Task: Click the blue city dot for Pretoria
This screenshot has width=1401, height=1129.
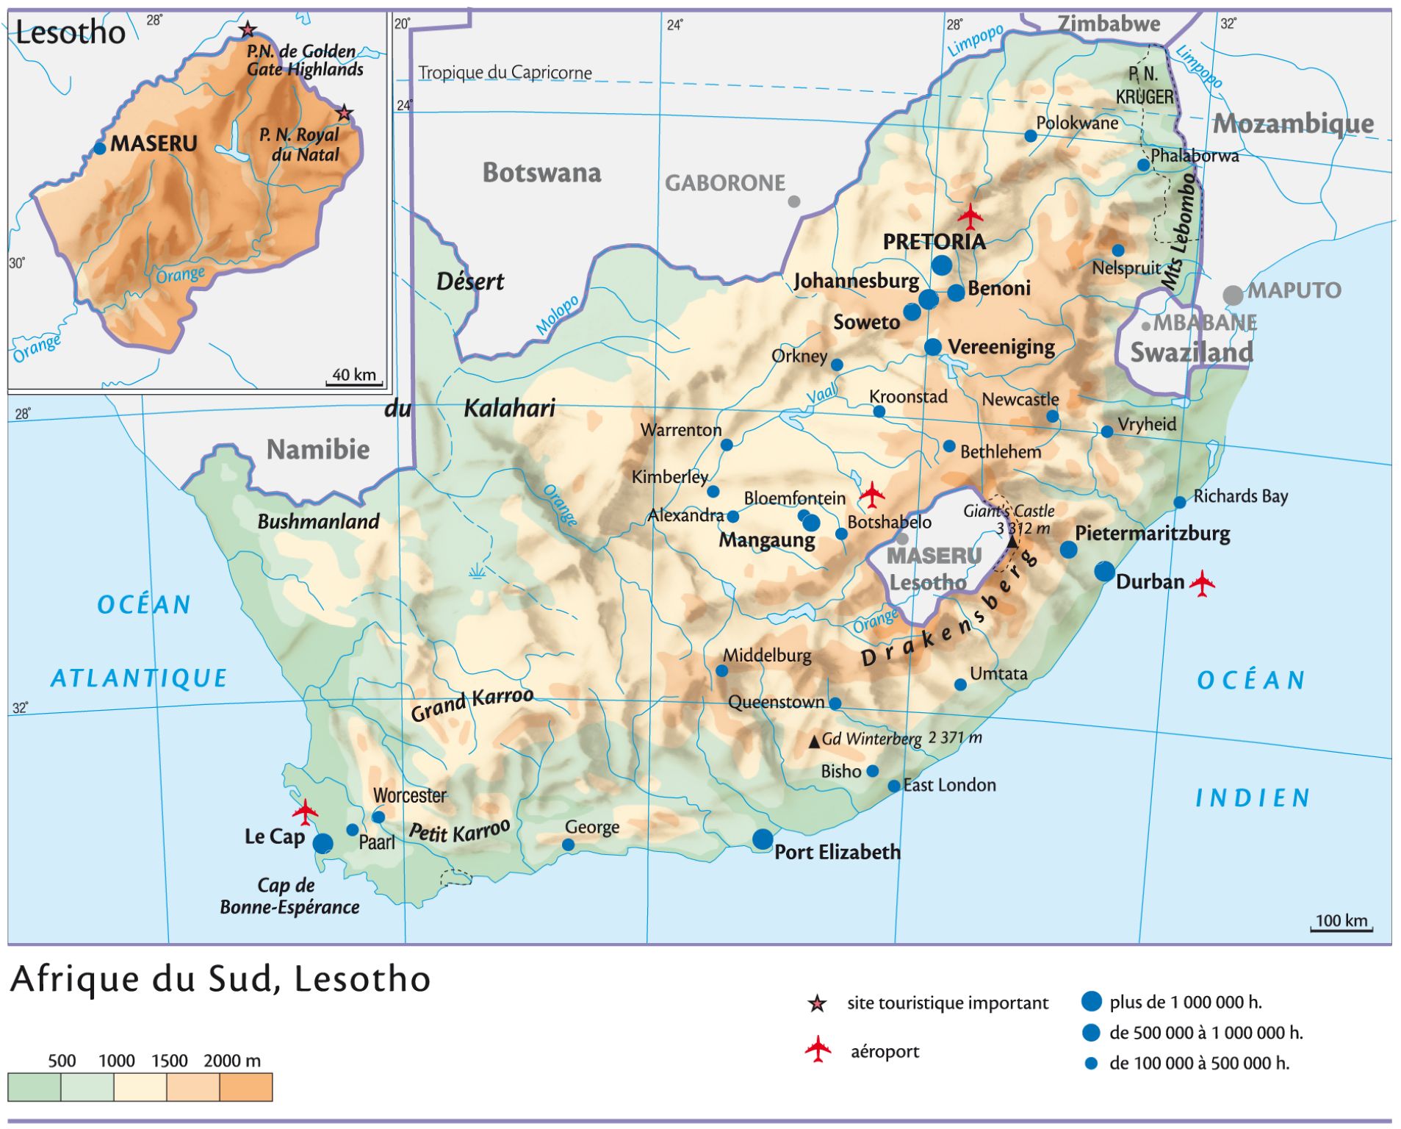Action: point(941,265)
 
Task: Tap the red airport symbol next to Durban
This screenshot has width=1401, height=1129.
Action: point(1202,584)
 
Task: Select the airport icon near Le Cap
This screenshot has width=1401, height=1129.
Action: point(305,812)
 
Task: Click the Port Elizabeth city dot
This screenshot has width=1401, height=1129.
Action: point(763,839)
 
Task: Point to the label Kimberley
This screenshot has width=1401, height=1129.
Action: point(669,477)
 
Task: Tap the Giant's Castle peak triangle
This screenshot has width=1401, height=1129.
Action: point(1012,542)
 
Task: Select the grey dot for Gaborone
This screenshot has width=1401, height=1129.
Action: point(793,201)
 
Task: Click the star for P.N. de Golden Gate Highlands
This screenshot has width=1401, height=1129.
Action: point(248,30)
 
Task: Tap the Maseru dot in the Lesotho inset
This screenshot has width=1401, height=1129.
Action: point(100,148)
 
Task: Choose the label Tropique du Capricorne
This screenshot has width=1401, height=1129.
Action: point(505,73)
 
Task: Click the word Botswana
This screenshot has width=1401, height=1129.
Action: point(541,173)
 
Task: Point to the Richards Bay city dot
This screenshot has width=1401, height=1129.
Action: point(1179,503)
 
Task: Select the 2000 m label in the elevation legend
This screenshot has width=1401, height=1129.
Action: point(232,1061)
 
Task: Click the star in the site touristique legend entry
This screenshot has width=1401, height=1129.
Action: point(817,1003)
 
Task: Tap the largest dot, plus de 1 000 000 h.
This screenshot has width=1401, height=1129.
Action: point(1092,1001)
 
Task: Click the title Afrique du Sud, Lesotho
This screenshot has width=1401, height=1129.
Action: point(220,979)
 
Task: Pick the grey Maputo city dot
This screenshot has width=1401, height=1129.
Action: point(1233,295)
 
